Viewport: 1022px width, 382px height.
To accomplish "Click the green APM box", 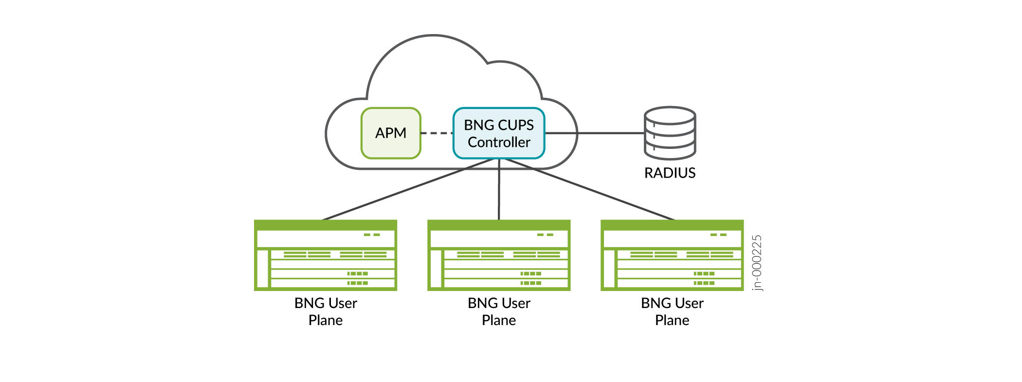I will pos(391,133).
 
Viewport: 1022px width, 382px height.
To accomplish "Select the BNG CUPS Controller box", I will pos(499,133).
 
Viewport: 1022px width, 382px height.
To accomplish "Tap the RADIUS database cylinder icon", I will pos(670,133).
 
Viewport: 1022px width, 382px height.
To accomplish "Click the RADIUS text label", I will pos(670,173).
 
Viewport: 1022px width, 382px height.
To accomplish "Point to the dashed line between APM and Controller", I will pos(437,133).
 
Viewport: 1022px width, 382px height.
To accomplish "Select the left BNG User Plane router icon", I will pos(326,255).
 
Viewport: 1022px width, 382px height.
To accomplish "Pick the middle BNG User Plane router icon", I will pos(499,255).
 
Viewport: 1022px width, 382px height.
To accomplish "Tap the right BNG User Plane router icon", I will pos(672,255).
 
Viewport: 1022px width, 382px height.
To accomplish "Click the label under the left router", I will pos(326,311).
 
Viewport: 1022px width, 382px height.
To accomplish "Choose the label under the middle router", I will pos(499,311).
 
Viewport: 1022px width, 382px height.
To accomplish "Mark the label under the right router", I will pos(672,311).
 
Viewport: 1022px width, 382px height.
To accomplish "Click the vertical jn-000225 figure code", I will pos(757,263).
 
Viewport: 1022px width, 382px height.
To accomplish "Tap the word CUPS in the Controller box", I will pos(516,125).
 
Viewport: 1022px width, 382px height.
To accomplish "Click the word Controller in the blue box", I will pos(499,142).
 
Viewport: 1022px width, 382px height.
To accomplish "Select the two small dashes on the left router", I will pos(372,235).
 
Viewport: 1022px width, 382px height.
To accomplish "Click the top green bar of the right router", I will pos(672,225).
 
